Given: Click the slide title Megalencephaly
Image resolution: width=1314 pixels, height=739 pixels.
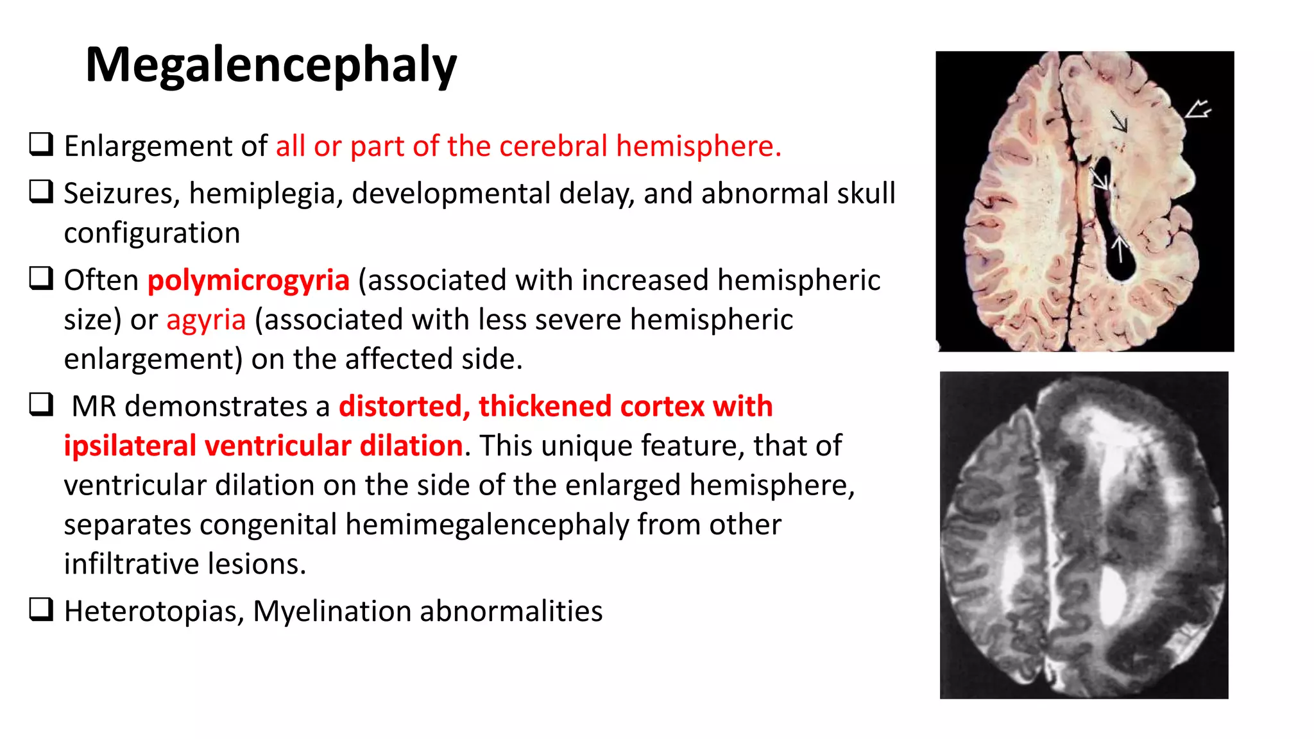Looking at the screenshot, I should [270, 65].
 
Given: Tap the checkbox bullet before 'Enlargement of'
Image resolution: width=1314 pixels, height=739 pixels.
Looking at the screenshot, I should [41, 144].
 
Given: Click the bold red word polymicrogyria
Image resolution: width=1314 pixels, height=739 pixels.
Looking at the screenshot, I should [248, 280].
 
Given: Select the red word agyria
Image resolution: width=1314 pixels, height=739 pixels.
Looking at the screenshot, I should [206, 319].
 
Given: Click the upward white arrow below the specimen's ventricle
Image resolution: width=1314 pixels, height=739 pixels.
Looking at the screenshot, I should [1120, 248].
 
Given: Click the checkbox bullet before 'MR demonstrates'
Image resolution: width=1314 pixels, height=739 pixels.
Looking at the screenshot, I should [41, 405].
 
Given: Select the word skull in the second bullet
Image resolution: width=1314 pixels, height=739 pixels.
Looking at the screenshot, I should [861, 194].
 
